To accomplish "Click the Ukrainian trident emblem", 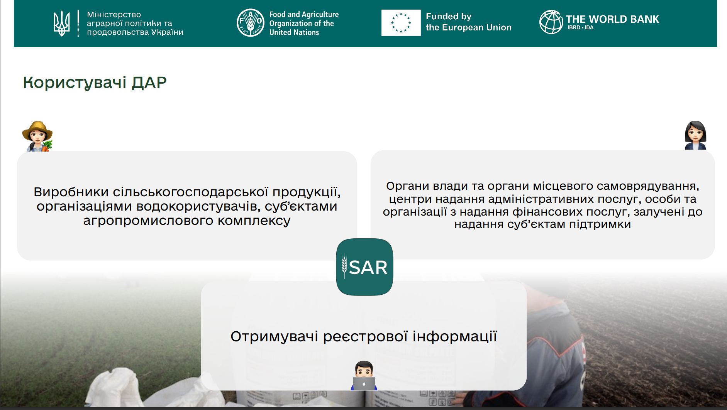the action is click(62, 24).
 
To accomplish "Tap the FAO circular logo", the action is click(250, 23).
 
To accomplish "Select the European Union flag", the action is click(401, 23).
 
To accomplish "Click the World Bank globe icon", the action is click(551, 22).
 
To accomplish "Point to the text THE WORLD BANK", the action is click(612, 19).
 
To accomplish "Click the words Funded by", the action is click(448, 17).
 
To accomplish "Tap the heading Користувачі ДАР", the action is click(95, 83).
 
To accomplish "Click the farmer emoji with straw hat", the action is click(37, 136).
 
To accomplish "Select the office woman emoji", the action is click(695, 135).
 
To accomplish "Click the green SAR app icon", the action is click(364, 267).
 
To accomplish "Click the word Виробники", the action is click(71, 192).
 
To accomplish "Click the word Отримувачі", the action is click(274, 337).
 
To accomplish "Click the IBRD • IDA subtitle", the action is click(580, 28).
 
